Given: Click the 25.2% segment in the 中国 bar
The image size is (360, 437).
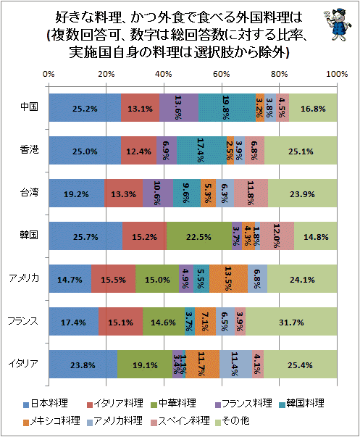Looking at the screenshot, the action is pos(85,107).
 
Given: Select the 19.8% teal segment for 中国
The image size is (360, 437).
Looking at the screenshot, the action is pos(227,107).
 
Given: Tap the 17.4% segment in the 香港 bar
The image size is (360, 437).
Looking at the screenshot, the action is pos(202,151).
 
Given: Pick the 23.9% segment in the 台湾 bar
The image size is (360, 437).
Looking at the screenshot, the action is pos(303,193).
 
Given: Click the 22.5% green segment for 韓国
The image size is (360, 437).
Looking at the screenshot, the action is pos(199,236).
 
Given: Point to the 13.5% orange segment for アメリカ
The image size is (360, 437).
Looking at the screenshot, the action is pos(228,279).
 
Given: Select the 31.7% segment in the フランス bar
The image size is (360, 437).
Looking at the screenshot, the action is pos(291,321).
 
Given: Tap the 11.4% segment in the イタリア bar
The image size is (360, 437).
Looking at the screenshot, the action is pos(235,365).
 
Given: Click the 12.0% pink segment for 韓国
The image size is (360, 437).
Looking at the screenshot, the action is pos(277,236).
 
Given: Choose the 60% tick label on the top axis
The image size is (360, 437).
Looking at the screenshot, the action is pos(222,74).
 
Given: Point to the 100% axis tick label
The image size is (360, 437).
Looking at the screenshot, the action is pos(337,74).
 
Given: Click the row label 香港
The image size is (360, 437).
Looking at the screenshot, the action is pos(29,150).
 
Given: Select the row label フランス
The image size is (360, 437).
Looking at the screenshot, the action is pos(23,321).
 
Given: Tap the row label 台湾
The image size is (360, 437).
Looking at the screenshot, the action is pos(29,192).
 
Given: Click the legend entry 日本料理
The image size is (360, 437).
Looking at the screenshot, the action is pos(46,404).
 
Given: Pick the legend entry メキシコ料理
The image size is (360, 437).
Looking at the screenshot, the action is pos(52,420).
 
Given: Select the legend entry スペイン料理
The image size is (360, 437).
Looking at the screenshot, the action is pos(180,420).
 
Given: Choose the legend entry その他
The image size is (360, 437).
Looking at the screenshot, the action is pos(233,420).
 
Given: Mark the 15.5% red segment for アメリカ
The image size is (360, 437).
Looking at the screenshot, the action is pos(114,279).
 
